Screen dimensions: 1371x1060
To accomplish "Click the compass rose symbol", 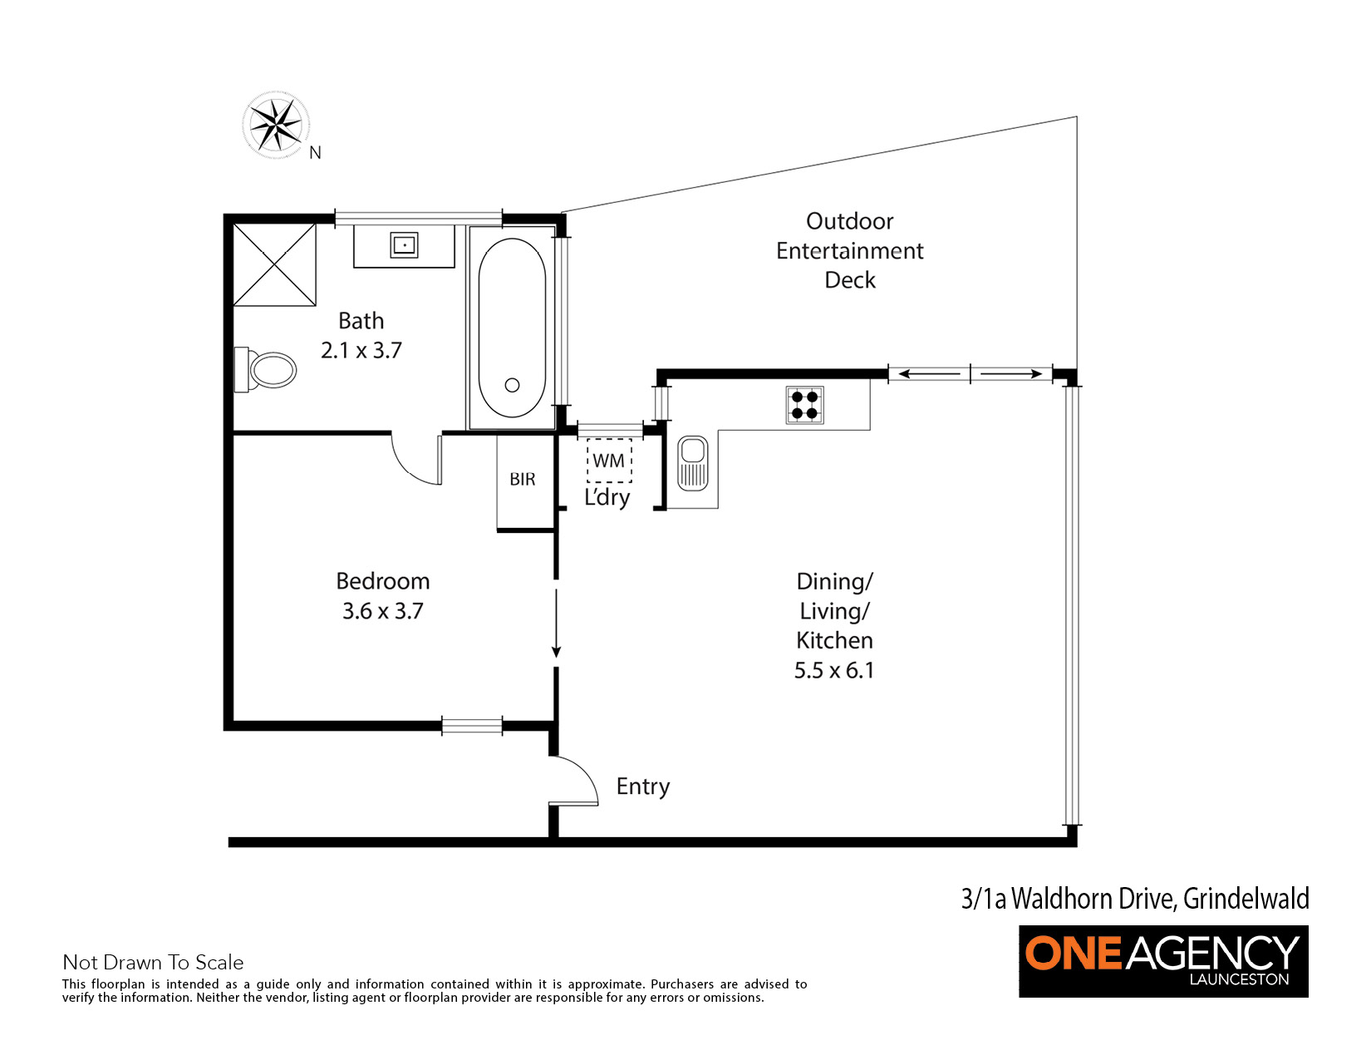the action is click(x=276, y=125).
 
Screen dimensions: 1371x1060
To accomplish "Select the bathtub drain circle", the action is click(x=512, y=384).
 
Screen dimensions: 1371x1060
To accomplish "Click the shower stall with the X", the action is click(x=274, y=265).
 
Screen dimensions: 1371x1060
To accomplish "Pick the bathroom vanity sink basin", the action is click(x=404, y=245).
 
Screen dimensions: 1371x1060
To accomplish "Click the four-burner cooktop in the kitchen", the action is click(x=804, y=405).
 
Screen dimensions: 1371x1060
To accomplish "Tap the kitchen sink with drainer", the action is click(x=692, y=463).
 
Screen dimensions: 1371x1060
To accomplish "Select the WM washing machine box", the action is click(x=609, y=461).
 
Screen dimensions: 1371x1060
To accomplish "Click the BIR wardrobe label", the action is click(x=523, y=479).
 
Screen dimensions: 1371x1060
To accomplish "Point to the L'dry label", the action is click(x=607, y=497).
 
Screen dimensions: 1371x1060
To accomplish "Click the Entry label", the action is click(x=643, y=786).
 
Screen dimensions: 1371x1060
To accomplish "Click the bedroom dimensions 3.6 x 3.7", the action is click(x=382, y=611).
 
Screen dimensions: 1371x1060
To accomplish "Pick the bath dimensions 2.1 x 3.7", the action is click(x=361, y=350).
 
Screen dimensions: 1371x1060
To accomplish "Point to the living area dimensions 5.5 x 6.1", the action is click(x=834, y=670).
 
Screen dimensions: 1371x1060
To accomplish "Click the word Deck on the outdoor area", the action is click(x=850, y=280).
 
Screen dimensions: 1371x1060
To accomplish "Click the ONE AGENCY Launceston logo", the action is click(x=1162, y=961).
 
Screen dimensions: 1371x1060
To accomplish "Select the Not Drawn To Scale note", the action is click(x=153, y=962).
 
